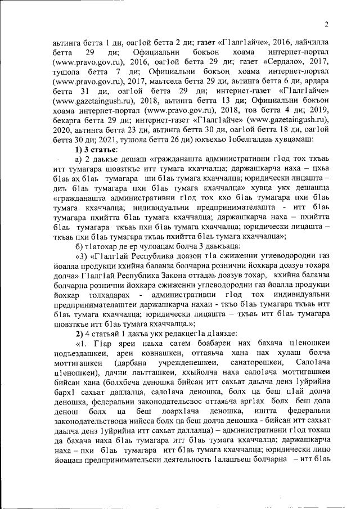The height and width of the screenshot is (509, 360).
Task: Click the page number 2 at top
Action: click(x=326, y=24)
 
